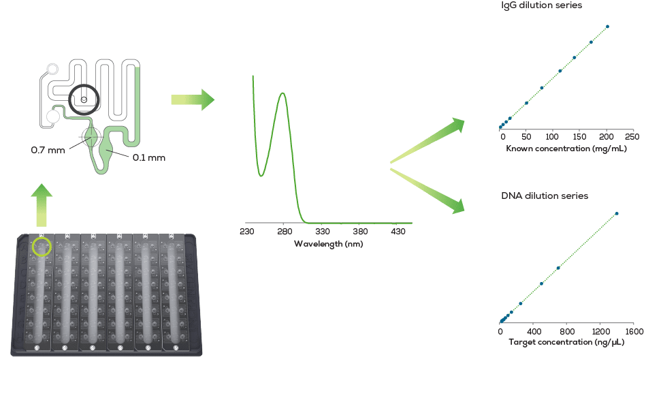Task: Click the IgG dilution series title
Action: (x=541, y=5)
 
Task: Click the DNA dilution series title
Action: (x=545, y=196)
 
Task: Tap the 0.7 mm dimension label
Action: (x=48, y=150)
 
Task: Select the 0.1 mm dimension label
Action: (x=149, y=158)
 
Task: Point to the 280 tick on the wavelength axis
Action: (x=285, y=232)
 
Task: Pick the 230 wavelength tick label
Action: (x=247, y=232)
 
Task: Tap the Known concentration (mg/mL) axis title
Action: (x=566, y=148)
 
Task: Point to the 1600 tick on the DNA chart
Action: (x=633, y=331)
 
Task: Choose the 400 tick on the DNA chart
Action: (x=534, y=331)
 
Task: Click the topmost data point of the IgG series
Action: (x=607, y=27)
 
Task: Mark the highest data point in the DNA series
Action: (x=617, y=214)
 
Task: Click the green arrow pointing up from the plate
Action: (x=42, y=203)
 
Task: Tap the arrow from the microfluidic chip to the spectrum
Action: (x=193, y=100)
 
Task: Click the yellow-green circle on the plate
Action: (x=41, y=245)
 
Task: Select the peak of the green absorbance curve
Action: (x=282, y=93)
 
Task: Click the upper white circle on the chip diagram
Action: (x=52, y=69)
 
